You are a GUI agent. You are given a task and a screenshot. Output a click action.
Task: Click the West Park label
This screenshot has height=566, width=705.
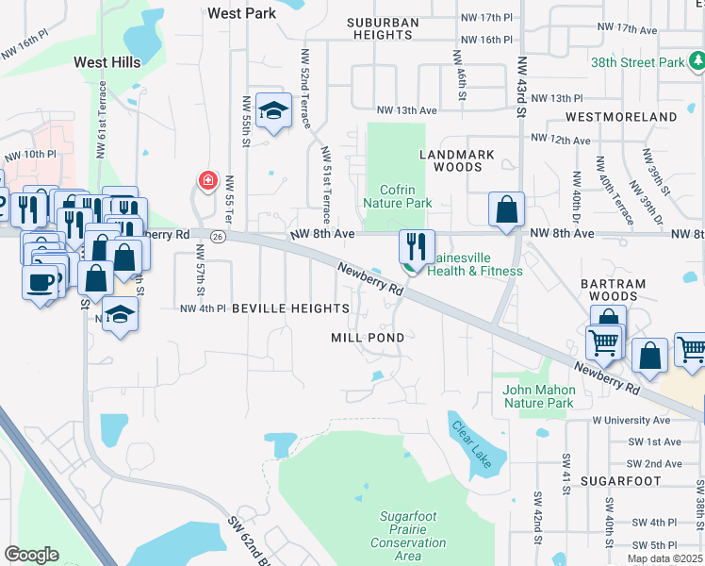(x=240, y=14)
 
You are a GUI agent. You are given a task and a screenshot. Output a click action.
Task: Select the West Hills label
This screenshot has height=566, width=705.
(x=107, y=62)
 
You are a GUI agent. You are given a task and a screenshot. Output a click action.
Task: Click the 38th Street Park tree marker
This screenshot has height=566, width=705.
(x=697, y=62)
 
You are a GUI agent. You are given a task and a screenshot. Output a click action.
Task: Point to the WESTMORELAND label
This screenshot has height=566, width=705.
(x=621, y=117)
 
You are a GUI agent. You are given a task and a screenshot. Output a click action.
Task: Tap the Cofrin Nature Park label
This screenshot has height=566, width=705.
(x=397, y=196)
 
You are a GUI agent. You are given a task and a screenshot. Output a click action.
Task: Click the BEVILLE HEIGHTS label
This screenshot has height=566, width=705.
(x=290, y=308)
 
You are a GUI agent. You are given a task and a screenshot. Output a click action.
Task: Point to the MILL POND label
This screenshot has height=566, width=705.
(x=368, y=337)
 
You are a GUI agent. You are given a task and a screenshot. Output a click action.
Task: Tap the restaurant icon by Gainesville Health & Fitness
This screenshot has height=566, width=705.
(x=417, y=247)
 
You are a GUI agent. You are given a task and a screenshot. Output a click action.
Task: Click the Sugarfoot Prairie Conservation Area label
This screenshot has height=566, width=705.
(x=408, y=536)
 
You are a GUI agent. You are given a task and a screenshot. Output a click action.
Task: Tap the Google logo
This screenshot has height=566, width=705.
(x=31, y=555)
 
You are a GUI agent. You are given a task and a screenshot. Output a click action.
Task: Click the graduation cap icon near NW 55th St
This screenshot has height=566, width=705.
(x=272, y=112)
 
